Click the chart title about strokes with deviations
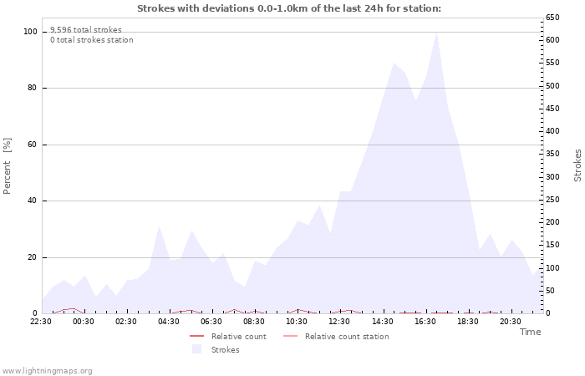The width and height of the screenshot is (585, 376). pyautogui.click(x=288, y=8)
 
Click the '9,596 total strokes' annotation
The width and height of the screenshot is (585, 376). pyautogui.click(x=85, y=30)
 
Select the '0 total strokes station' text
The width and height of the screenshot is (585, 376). pyautogui.click(x=91, y=40)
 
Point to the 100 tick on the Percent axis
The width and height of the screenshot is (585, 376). pyautogui.click(x=30, y=32)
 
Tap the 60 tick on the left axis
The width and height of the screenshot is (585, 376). pyautogui.click(x=33, y=145)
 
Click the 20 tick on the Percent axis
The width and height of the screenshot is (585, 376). pyautogui.click(x=33, y=257)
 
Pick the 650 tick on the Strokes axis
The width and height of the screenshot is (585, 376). pyautogui.click(x=552, y=18)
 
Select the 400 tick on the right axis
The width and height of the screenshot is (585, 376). pyautogui.click(x=552, y=131)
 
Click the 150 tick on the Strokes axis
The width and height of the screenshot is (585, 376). pyautogui.click(x=552, y=245)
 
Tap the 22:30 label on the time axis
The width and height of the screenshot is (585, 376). pyautogui.click(x=41, y=322)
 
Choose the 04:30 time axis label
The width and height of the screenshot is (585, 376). pyautogui.click(x=169, y=322)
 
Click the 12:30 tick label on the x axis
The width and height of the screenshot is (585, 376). pyautogui.click(x=339, y=322)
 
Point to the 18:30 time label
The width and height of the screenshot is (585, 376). pyautogui.click(x=467, y=322)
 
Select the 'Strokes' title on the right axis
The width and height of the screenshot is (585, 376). pyautogui.click(x=577, y=165)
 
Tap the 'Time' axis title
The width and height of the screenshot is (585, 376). pyautogui.click(x=530, y=332)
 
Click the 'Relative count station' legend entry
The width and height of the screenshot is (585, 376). pyautogui.click(x=346, y=337)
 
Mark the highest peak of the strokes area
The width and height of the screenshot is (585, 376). pyautogui.click(x=436, y=33)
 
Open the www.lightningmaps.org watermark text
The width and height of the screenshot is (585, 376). pyautogui.click(x=48, y=370)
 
